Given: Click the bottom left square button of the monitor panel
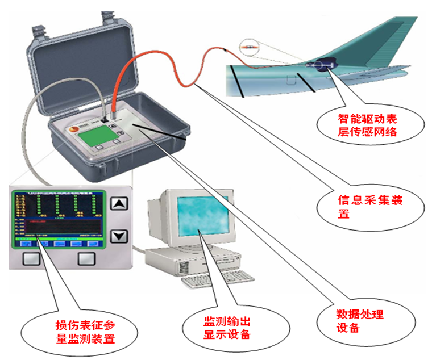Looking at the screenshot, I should [x=31, y=259].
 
